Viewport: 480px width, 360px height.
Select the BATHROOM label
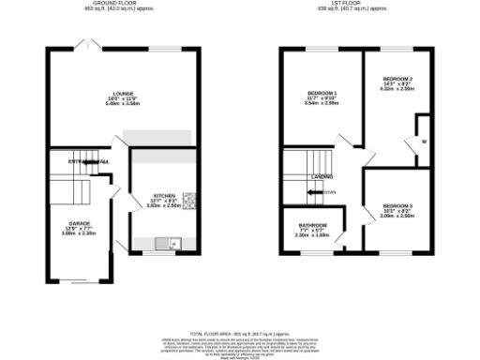[x=313, y=226]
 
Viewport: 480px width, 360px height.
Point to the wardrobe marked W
[x=424, y=142]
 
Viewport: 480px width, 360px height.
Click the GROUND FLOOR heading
[x=124, y=4]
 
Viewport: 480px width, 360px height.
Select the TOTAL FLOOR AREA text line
[x=239, y=333]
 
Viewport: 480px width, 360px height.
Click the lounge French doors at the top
[x=91, y=45]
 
